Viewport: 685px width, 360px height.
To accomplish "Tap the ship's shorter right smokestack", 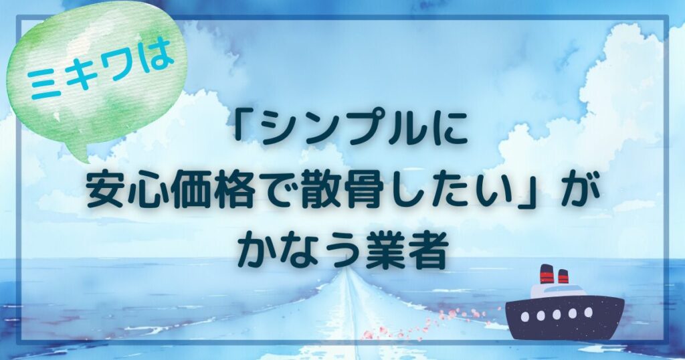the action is pos(563,277).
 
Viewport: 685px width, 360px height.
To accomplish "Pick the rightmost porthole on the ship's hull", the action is pos(589,312).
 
